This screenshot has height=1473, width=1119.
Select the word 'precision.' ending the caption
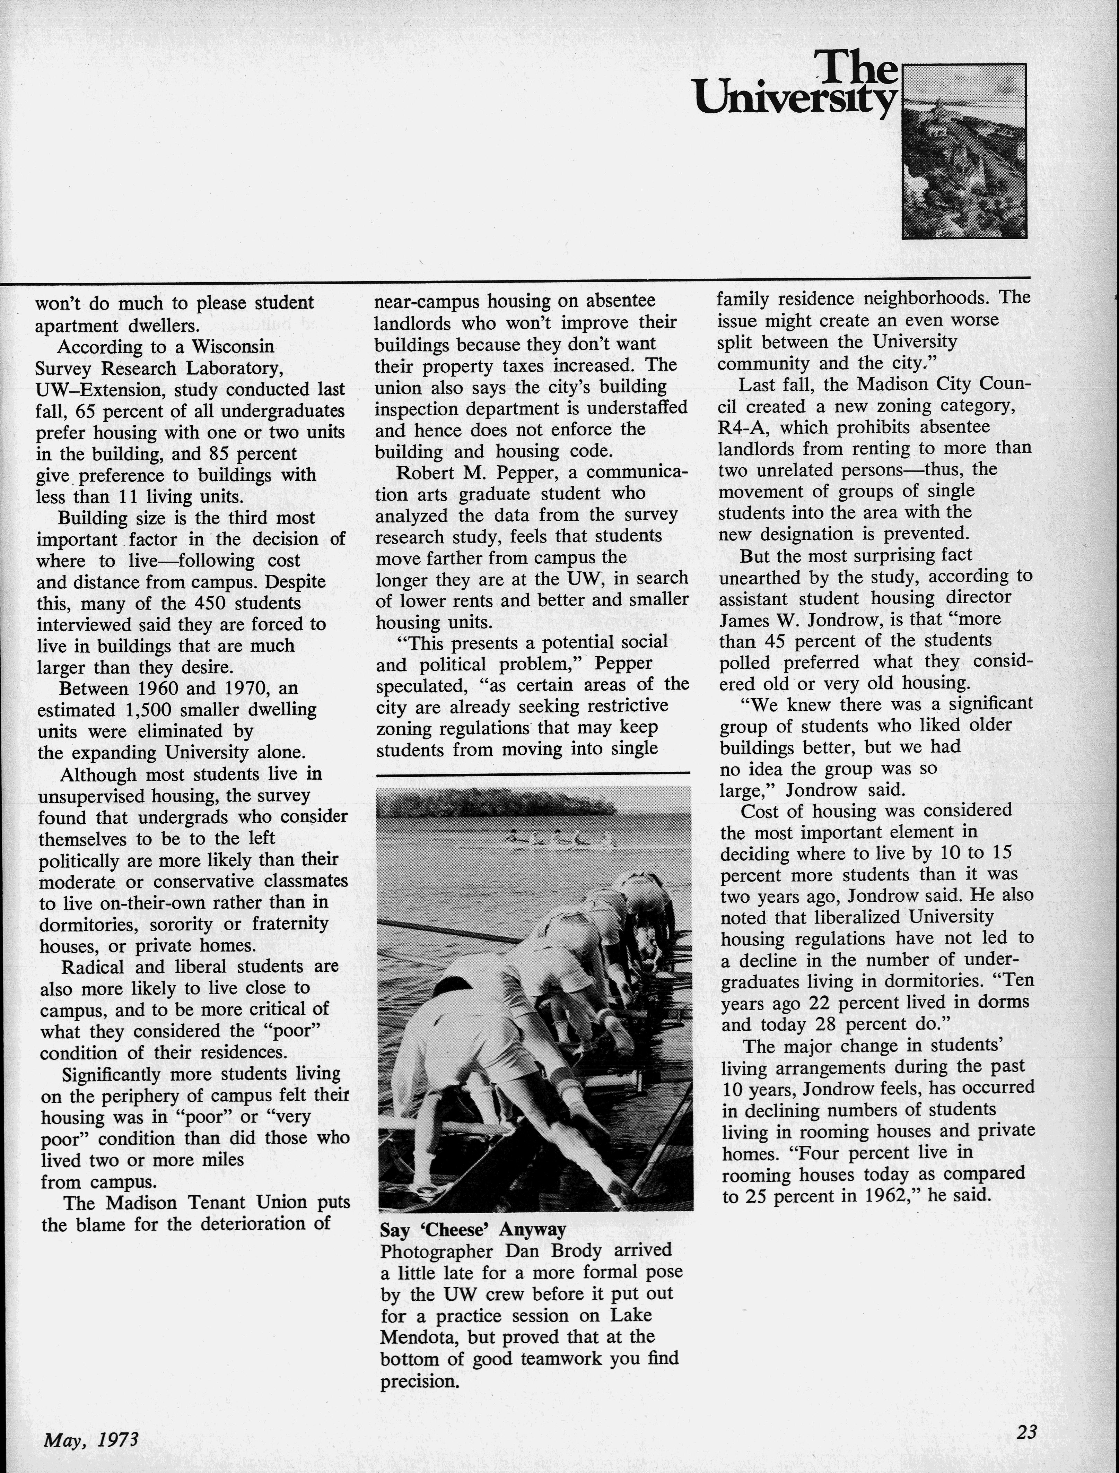(x=420, y=1381)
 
